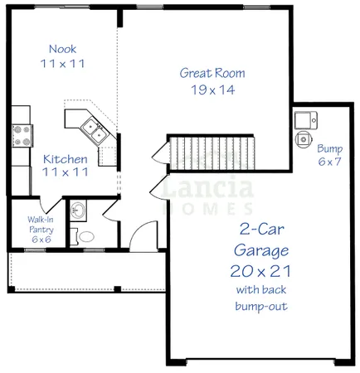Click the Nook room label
coord(62,48)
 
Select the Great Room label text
coord(212,73)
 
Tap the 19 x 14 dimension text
coord(212,89)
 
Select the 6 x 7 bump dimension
coord(329,162)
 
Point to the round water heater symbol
coord(304,138)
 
